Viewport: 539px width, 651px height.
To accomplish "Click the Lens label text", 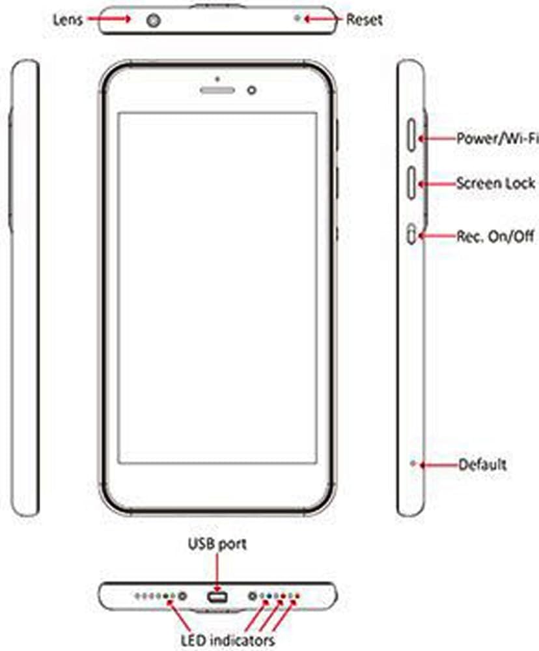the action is (x=68, y=19).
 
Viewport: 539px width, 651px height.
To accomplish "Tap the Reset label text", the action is (x=364, y=19).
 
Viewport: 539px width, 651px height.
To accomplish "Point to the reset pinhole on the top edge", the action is (x=298, y=19).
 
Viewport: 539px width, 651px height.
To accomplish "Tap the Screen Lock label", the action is (x=495, y=184).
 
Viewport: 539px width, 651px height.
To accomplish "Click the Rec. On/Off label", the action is (x=495, y=236).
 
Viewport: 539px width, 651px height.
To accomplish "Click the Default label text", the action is (x=482, y=465).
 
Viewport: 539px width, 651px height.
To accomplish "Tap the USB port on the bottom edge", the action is (x=217, y=596).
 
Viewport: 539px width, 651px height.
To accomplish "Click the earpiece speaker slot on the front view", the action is (x=216, y=89).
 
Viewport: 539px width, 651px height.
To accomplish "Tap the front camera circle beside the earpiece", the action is (x=252, y=89).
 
